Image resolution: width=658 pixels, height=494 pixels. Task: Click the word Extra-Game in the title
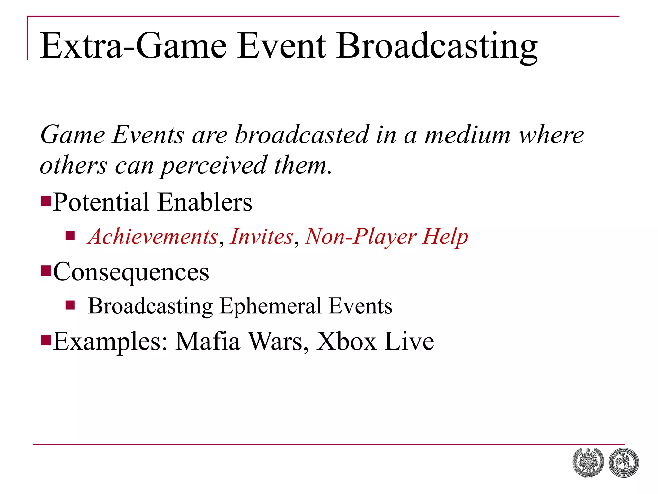133,46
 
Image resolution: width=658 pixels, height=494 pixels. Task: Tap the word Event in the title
281,46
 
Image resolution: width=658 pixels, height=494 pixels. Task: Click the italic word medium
467,135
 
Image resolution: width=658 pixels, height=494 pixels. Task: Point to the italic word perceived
214,166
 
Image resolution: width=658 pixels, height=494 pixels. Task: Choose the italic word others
73,165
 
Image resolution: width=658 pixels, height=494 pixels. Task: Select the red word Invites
262,236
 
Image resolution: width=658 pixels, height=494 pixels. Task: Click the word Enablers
205,202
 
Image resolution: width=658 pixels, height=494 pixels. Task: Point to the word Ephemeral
271,306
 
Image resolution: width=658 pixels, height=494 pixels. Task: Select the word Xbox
346,341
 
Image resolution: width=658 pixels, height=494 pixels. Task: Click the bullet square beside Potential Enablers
46,201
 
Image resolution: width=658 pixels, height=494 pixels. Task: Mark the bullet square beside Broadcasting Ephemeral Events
70,305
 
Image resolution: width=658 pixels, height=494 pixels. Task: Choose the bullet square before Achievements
70,236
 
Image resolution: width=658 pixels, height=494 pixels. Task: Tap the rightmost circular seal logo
624,463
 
